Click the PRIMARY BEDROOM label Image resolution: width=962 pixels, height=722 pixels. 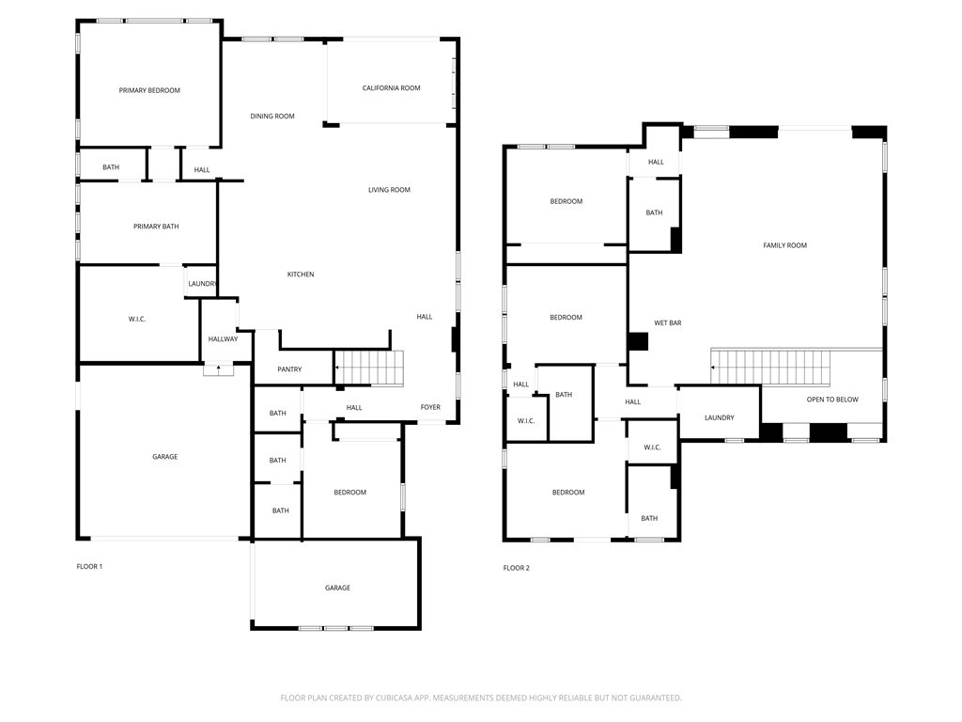pyautogui.click(x=149, y=90)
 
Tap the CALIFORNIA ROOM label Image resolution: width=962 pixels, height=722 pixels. pyautogui.click(x=391, y=88)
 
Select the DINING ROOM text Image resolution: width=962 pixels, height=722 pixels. pyautogui.click(x=272, y=117)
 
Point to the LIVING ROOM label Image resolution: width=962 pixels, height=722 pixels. pyautogui.click(x=389, y=190)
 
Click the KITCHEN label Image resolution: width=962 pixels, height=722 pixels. pyautogui.click(x=301, y=275)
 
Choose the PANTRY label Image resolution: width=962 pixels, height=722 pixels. pyautogui.click(x=289, y=369)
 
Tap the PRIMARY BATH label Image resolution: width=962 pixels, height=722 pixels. pyautogui.click(x=156, y=227)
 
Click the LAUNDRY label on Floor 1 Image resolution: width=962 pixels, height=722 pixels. pyautogui.click(x=202, y=284)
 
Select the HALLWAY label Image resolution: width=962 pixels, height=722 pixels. pyautogui.click(x=223, y=339)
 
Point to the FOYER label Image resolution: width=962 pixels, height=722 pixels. pyautogui.click(x=430, y=408)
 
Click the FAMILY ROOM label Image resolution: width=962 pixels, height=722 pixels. pyautogui.click(x=784, y=245)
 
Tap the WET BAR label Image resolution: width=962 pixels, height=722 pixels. pyautogui.click(x=667, y=323)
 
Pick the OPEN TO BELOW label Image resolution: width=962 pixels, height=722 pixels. pyautogui.click(x=832, y=400)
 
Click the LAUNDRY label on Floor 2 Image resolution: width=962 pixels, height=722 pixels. pyautogui.click(x=719, y=417)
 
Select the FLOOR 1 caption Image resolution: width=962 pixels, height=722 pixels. pyautogui.click(x=89, y=567)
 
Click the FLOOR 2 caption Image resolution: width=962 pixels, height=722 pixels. pyautogui.click(x=516, y=568)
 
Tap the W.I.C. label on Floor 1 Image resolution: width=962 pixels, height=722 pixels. pyautogui.click(x=137, y=320)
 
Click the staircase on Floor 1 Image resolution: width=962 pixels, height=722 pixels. pyautogui.click(x=370, y=368)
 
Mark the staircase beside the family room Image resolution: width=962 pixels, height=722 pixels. pyautogui.click(x=771, y=366)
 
